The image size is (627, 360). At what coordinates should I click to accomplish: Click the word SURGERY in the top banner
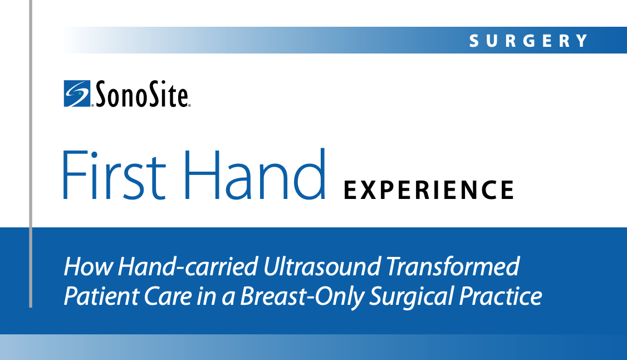tap(528, 41)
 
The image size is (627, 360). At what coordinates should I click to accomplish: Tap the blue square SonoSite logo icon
tap(77, 94)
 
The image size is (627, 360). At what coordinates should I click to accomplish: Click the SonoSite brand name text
tap(141, 94)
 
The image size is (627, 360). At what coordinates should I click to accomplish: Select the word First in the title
tap(114, 175)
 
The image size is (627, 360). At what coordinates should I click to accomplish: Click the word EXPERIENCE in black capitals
tap(429, 190)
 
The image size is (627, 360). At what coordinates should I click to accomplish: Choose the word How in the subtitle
tap(89, 267)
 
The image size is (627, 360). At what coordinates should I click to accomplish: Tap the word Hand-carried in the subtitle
tap(188, 267)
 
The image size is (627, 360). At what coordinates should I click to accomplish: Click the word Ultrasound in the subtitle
tap(322, 267)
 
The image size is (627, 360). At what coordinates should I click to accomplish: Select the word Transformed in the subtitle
tap(453, 267)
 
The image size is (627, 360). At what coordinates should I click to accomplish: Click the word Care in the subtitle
tap(168, 296)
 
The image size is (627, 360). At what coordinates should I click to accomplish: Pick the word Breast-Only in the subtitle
tap(302, 297)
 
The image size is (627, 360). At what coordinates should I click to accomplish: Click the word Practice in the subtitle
tap(500, 296)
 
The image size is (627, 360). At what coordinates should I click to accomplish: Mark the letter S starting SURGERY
tap(474, 41)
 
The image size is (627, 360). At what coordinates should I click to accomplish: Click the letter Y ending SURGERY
tap(582, 41)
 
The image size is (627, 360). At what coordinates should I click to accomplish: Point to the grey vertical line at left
tap(31, 154)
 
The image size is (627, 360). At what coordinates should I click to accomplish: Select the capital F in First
tap(75, 175)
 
